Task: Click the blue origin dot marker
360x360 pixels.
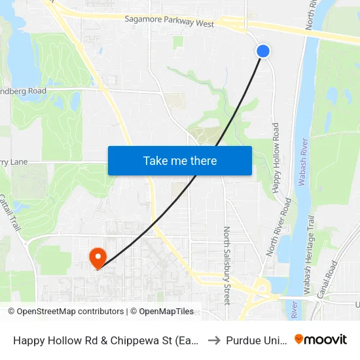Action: tap(263, 51)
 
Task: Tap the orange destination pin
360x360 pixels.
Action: tap(98, 257)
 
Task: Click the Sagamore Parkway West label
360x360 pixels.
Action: tap(170, 24)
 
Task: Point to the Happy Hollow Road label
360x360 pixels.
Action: tap(276, 157)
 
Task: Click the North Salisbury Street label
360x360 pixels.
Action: tap(227, 265)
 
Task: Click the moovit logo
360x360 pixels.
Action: tap(321, 339)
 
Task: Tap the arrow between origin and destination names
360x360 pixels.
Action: tap(213, 340)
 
